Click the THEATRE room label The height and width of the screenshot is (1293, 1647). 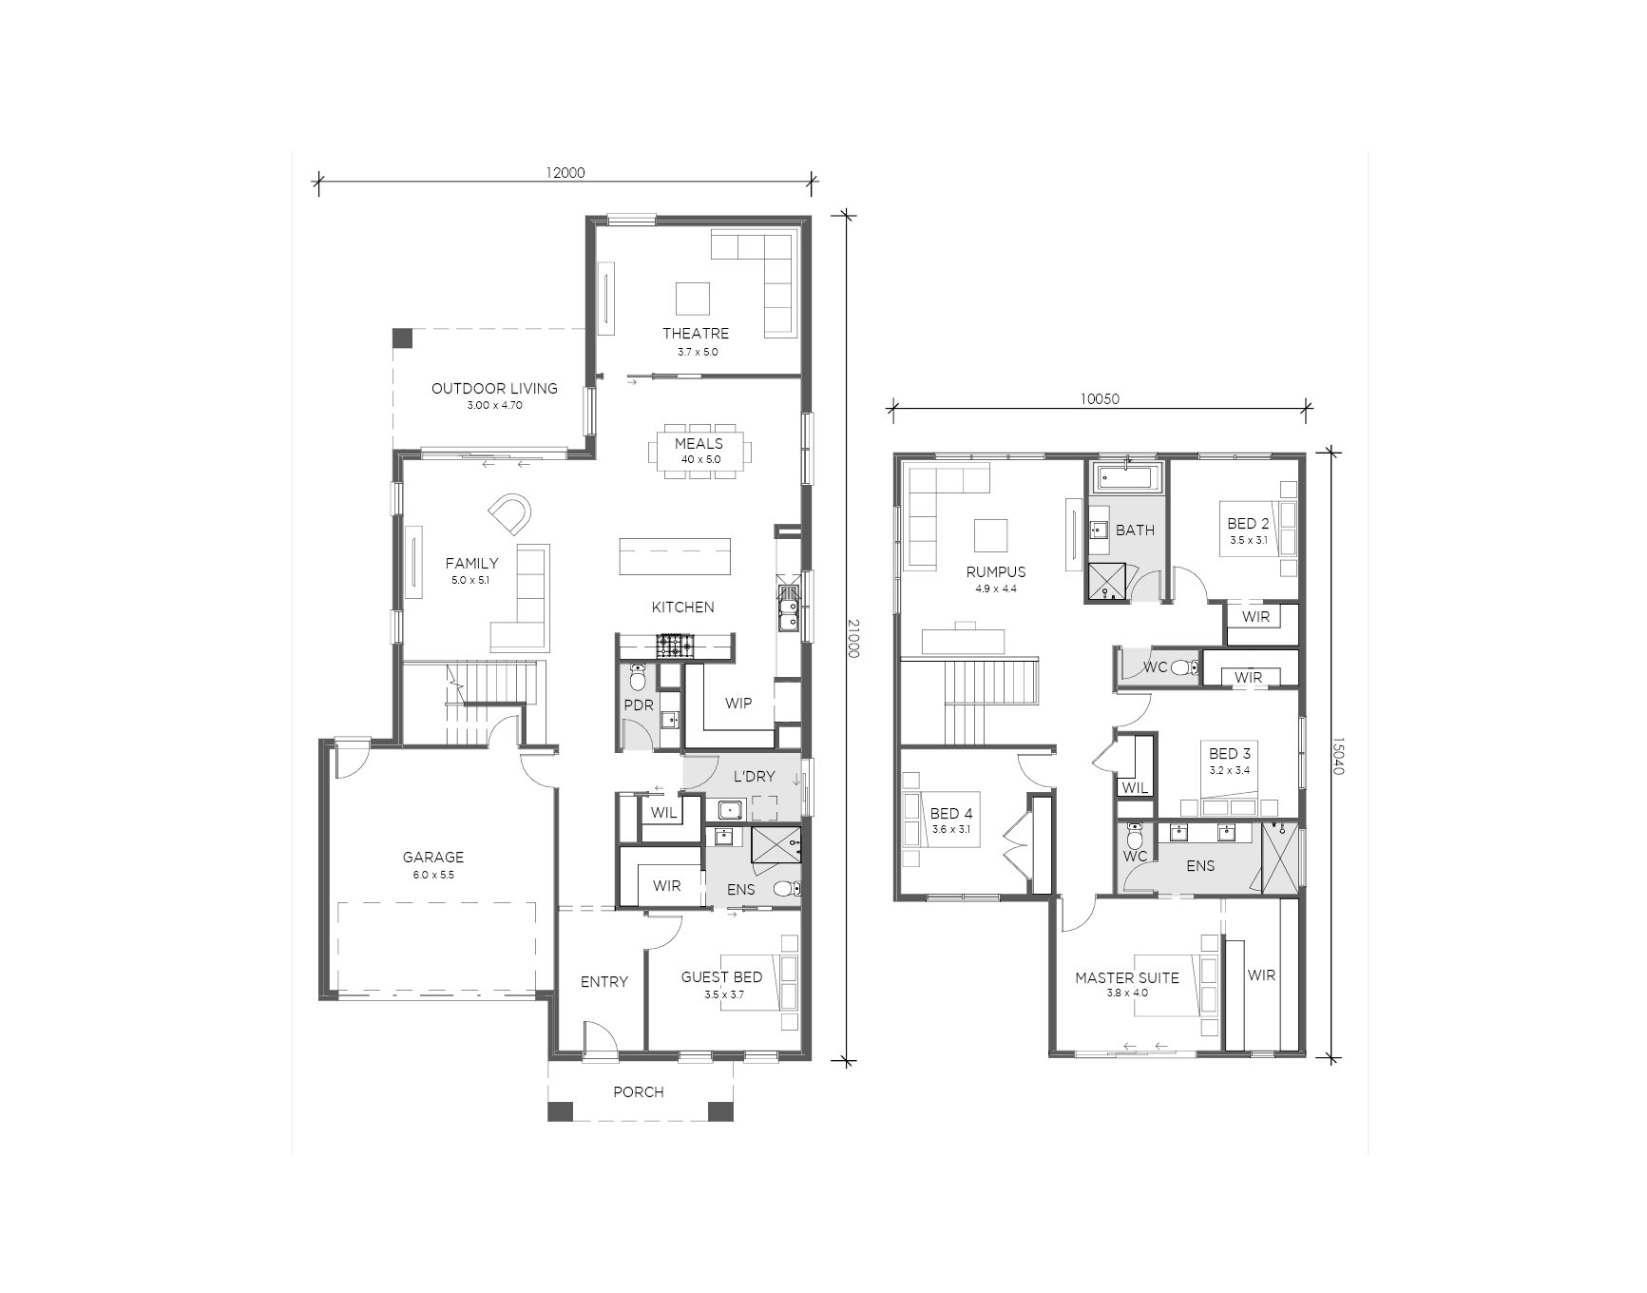click(696, 334)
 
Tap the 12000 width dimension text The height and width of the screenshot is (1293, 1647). click(565, 173)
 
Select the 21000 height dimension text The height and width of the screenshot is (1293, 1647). click(852, 638)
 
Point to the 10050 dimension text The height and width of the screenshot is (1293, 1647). click(1099, 399)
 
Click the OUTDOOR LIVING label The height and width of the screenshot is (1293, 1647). click(494, 388)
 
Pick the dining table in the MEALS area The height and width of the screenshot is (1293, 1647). click(699, 451)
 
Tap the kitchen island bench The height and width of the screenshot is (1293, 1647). click(675, 556)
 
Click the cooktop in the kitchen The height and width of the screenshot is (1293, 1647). click(677, 646)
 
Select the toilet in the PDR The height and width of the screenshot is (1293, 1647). click(638, 677)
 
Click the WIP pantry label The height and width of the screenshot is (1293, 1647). click(738, 704)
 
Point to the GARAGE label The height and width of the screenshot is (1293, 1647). click(433, 858)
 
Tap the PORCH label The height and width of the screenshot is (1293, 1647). click(639, 1092)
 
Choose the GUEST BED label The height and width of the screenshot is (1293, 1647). click(721, 977)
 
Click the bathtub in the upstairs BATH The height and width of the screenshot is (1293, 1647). click(1128, 478)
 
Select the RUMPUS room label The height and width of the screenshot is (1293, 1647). click(996, 572)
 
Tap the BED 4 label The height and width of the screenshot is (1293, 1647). click(951, 814)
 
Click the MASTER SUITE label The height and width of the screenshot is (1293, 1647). click(1127, 977)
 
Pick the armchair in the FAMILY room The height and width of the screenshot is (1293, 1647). click(511, 514)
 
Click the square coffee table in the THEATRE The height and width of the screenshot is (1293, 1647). click(692, 299)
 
